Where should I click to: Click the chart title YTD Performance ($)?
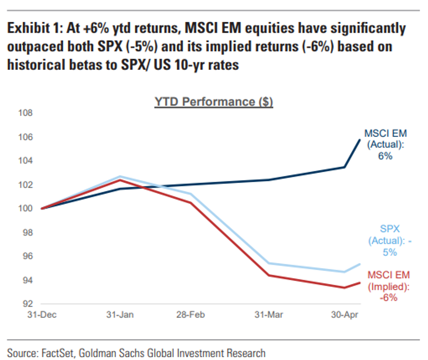click(214, 102)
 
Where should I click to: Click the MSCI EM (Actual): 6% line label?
click(385, 144)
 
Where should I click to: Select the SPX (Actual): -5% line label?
click(389, 240)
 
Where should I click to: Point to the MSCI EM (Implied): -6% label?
click(389, 286)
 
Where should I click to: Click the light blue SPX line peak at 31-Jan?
click(119, 176)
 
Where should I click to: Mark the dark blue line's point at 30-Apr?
click(344, 167)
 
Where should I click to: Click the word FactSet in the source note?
click(54, 353)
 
